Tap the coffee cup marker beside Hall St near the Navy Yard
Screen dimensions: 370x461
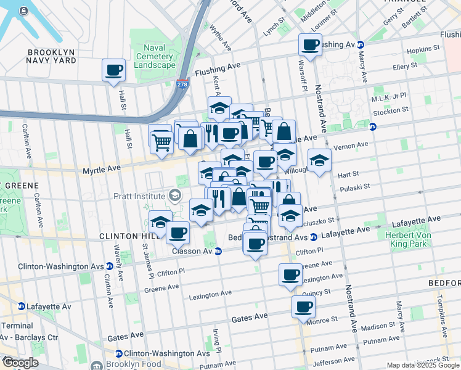[113, 71]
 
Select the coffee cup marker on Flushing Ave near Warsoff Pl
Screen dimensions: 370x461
[310, 44]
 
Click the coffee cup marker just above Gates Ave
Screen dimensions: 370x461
[303, 307]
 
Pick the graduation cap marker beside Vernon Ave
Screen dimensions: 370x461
[319, 162]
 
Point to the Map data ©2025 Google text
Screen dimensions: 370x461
[423, 365]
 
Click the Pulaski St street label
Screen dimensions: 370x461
[354, 186]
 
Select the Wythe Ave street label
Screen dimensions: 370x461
[220, 38]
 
